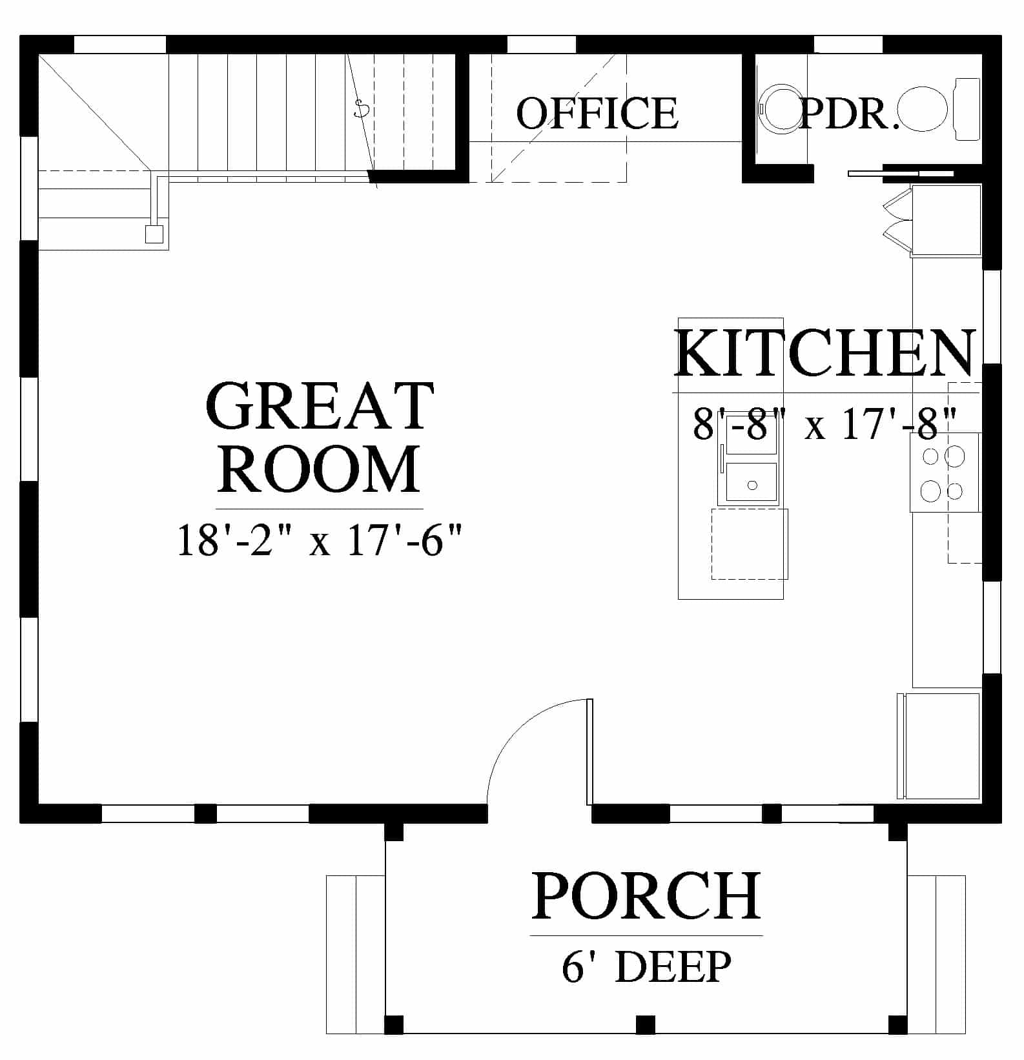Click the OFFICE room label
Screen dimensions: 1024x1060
tap(597, 113)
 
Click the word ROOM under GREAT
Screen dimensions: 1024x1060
tap(319, 469)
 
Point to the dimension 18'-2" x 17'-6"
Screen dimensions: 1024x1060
tap(320, 540)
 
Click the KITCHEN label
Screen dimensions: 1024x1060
tap(825, 353)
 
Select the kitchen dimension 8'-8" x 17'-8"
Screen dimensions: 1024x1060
tap(824, 424)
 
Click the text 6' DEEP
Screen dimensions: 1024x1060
tap(646, 966)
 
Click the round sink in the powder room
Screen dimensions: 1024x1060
tap(780, 109)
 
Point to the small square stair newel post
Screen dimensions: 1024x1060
tap(154, 234)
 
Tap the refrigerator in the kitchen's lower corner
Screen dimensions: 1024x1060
tap(939, 746)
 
